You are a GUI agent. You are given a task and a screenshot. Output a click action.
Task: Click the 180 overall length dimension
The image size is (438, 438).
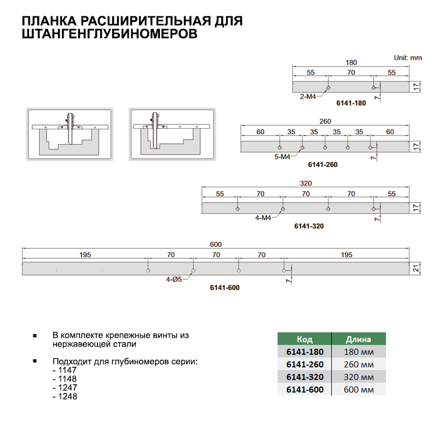click(351, 62)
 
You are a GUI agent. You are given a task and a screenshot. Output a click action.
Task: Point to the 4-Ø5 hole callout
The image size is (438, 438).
click(175, 279)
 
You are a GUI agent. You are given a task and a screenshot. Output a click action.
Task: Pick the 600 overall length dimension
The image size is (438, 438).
click(216, 244)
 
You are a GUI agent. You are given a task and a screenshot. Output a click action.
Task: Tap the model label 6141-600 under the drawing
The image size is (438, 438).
click(225, 287)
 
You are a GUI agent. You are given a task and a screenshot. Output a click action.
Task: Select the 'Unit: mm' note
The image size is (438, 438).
click(408, 57)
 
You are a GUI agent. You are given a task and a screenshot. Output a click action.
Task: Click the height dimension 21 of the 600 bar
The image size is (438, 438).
click(416, 268)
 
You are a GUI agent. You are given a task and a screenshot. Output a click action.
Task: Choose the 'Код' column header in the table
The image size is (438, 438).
click(304, 339)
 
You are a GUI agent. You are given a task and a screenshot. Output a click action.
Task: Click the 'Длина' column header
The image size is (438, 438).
click(359, 339)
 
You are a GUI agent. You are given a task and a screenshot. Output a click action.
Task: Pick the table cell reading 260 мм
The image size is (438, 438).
click(359, 364)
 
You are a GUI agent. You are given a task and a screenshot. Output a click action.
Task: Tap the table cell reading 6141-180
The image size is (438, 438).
click(304, 351)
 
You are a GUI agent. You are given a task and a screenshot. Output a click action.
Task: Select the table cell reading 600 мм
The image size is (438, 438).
click(359, 389)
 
